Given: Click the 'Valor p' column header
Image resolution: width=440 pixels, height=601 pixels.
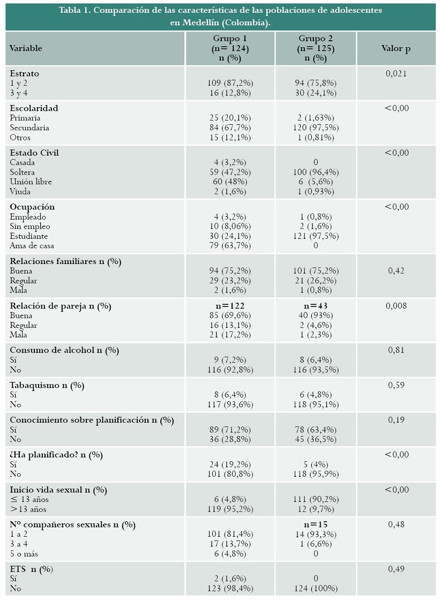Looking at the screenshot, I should pyautogui.click(x=396, y=48).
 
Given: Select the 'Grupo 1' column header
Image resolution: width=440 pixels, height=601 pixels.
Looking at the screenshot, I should pyautogui.click(x=230, y=39).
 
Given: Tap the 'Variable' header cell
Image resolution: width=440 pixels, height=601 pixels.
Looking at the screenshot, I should pyautogui.click(x=26, y=48).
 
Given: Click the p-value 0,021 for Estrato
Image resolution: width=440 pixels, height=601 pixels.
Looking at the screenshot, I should pyautogui.click(x=396, y=73).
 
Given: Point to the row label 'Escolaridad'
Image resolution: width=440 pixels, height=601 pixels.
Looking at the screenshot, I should pyautogui.click(x=34, y=108).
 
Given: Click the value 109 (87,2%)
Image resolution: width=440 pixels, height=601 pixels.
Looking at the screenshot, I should pyautogui.click(x=230, y=83).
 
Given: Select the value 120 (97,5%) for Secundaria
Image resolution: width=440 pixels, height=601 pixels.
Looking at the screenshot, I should pyautogui.click(x=316, y=127).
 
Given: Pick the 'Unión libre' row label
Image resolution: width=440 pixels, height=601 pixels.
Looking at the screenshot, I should pyautogui.click(x=31, y=182).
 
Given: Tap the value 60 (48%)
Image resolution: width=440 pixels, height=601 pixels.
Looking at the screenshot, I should pyautogui.click(x=230, y=182).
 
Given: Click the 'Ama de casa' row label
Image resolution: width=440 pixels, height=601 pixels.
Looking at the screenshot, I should pyautogui.click(x=32, y=246).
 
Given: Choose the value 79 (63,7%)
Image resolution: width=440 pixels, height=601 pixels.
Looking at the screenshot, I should pyautogui.click(x=230, y=246).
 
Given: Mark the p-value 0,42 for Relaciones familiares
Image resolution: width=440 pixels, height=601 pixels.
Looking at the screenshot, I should pyautogui.click(x=396, y=271).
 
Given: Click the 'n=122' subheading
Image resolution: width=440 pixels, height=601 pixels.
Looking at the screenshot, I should pyautogui.click(x=230, y=306).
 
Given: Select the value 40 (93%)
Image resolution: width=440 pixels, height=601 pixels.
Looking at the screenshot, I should pyautogui.click(x=316, y=315).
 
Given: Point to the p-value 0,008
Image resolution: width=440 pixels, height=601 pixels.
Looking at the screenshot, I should pyautogui.click(x=396, y=306).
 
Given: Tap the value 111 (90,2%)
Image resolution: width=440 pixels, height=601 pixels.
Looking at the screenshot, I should pyautogui.click(x=316, y=499).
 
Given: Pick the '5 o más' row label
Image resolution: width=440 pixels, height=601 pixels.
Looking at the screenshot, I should pyautogui.click(x=24, y=554).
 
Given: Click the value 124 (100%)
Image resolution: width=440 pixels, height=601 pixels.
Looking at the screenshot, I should pyautogui.click(x=316, y=588).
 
